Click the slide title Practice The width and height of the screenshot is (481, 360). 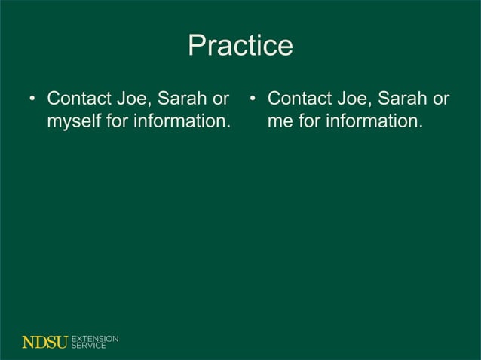pyautogui.click(x=240, y=46)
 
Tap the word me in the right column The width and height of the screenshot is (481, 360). pyautogui.click(x=280, y=121)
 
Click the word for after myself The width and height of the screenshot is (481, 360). pyautogui.click(x=117, y=121)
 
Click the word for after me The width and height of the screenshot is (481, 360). pyautogui.click(x=311, y=121)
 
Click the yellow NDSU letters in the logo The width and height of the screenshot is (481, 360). pyautogui.click(x=44, y=343)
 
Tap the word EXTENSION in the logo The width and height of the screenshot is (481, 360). pyautogui.click(x=94, y=339)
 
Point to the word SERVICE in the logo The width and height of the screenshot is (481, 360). pyautogui.click(x=88, y=346)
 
